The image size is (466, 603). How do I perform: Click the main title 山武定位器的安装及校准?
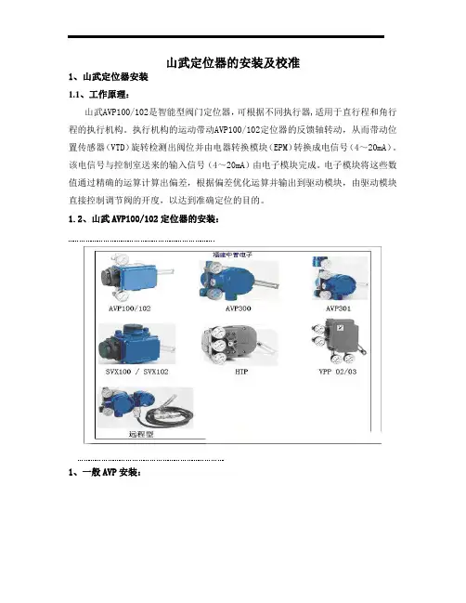233,62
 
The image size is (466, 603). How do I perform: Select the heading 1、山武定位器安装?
109,77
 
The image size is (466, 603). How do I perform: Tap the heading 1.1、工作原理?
99,95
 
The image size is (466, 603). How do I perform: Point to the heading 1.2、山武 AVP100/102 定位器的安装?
144,219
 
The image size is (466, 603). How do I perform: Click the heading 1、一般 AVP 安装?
105,472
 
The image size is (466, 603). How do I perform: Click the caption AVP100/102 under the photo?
129,308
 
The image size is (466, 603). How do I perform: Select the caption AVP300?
239,308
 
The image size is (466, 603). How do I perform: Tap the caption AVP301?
338,308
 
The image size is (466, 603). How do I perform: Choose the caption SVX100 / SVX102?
136,372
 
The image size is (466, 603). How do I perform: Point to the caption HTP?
241,372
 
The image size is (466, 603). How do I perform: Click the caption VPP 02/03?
337,372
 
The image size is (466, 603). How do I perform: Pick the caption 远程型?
141,434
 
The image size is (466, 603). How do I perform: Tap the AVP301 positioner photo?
340,278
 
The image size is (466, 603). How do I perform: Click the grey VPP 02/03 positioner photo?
339,341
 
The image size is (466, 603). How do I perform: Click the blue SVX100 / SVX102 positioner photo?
136,344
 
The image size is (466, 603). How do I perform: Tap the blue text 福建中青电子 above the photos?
233,255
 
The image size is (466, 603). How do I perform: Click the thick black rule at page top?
226,37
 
